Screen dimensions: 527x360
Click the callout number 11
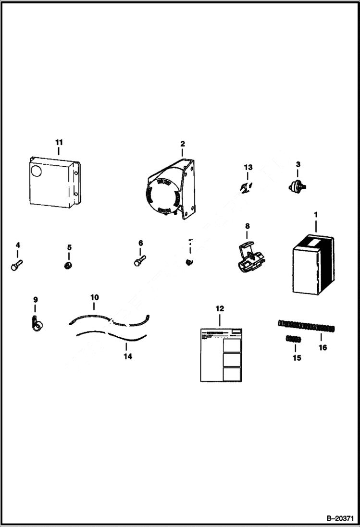tap(59, 143)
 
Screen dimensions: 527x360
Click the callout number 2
tap(182, 144)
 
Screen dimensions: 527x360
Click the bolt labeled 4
tap(17, 263)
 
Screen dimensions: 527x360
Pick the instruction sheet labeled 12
tap(221, 355)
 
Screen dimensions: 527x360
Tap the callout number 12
tap(220, 308)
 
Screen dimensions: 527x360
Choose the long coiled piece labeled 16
tap(306, 326)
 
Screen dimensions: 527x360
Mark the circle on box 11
tap(37, 170)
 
